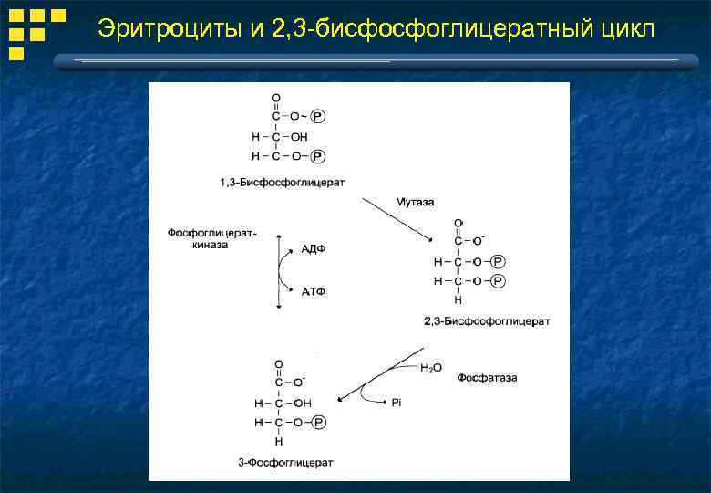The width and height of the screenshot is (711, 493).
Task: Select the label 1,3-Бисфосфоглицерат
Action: (x=283, y=183)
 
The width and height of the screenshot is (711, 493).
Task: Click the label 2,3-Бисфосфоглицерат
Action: (x=487, y=321)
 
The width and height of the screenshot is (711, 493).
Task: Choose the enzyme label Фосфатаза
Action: (x=487, y=377)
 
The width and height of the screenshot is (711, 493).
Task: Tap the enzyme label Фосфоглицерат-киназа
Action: (x=211, y=238)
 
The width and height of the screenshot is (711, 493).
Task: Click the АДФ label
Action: (x=313, y=249)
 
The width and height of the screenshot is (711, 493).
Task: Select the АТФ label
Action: (x=313, y=291)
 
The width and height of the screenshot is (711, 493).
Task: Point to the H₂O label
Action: (x=430, y=368)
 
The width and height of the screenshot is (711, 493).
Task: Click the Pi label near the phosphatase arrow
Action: (x=397, y=402)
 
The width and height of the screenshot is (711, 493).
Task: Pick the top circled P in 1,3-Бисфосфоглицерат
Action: (x=316, y=117)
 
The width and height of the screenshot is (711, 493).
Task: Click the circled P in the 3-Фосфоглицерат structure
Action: (x=317, y=423)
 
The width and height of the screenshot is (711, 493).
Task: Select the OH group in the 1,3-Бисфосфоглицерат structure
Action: (x=299, y=137)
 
